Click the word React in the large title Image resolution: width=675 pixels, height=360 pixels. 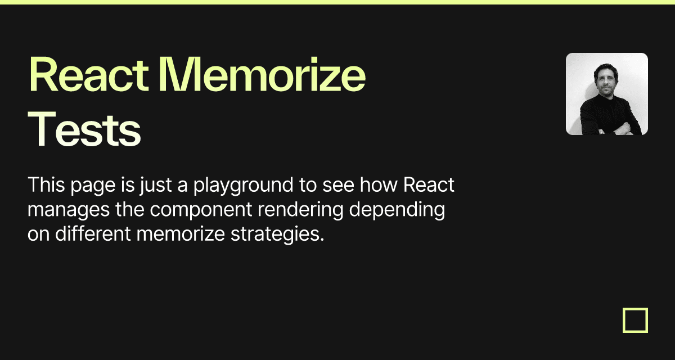tap(89, 74)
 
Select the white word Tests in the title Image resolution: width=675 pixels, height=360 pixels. tap(84, 129)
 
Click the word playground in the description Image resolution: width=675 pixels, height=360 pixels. tap(243, 186)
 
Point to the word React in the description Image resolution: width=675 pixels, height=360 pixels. tap(429, 184)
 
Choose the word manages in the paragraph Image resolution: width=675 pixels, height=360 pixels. tap(69, 210)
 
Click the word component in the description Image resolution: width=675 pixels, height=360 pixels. tap(201, 210)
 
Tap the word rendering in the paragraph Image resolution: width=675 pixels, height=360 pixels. tap(300, 210)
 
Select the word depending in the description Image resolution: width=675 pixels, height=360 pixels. tap(397, 210)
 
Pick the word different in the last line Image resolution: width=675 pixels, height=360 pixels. tap(93, 234)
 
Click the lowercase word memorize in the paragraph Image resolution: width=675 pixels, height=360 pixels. tap(181, 234)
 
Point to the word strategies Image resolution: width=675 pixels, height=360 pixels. tap(277, 235)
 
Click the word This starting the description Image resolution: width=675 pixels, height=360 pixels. tap(46, 184)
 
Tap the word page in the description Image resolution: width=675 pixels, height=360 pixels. tap(93, 187)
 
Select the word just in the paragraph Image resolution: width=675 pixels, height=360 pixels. tap(155, 186)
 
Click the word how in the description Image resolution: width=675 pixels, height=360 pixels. tap(379, 184)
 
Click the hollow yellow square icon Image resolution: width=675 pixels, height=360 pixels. tap(624, 320)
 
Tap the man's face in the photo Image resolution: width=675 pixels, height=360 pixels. tap(606, 82)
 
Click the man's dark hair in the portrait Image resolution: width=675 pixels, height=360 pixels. tap(605, 68)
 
